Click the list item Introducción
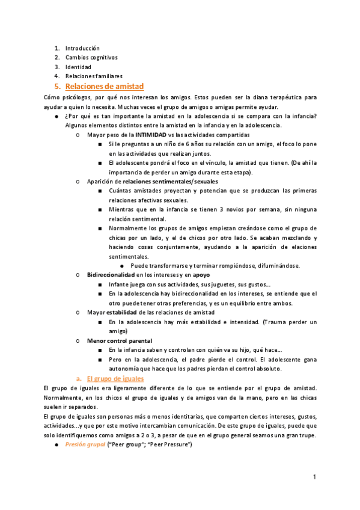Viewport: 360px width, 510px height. coord(82,48)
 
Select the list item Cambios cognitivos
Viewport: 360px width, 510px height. coord(91,57)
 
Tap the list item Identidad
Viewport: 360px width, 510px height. coord(78,67)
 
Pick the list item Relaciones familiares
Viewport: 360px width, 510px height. coord(94,76)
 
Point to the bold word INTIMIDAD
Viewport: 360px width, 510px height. coord(152,135)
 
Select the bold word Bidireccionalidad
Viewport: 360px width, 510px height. coord(111,275)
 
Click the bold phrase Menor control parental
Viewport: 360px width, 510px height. coord(120,340)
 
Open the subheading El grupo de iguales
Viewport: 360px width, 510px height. coord(115,379)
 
